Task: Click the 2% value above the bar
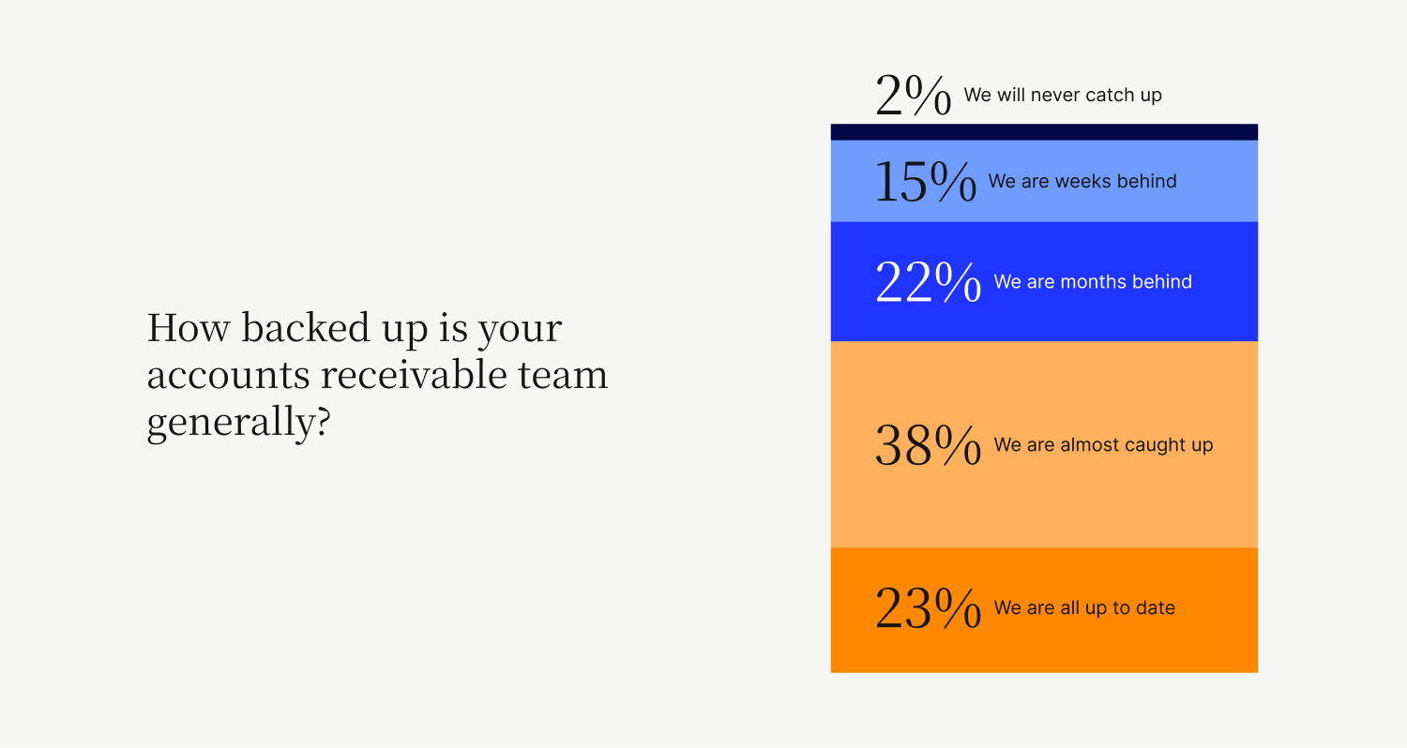(x=914, y=95)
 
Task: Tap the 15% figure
(x=926, y=181)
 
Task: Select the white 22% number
(x=929, y=282)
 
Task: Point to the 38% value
(x=929, y=445)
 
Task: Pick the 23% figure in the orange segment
(x=929, y=607)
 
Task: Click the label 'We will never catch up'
(x=1063, y=95)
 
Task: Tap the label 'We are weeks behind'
(x=1082, y=181)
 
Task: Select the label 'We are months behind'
(x=1093, y=282)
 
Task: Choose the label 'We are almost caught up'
(x=1103, y=445)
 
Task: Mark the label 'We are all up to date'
(x=1084, y=607)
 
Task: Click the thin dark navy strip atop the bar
(x=1044, y=132)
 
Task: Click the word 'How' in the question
(x=189, y=327)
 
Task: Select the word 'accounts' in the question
(x=228, y=375)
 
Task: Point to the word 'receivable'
(x=414, y=374)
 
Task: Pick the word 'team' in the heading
(x=563, y=375)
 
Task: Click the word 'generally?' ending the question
(x=238, y=423)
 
